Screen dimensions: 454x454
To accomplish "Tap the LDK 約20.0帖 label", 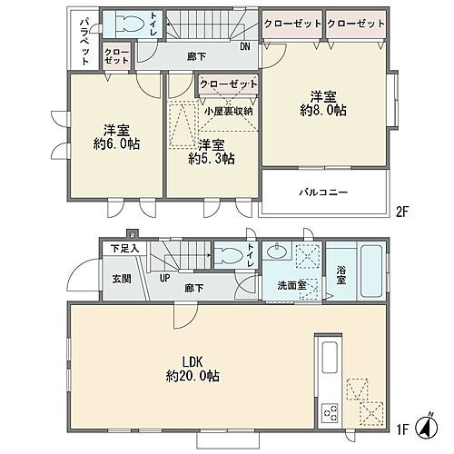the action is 192,369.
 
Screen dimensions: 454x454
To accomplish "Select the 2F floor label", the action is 402,212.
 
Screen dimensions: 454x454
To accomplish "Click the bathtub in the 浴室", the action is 371,271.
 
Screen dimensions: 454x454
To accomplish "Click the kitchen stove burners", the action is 330,412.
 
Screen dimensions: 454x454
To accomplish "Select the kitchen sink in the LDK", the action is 330,358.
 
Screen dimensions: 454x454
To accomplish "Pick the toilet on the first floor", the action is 230,256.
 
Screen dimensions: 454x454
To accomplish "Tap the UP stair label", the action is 165,278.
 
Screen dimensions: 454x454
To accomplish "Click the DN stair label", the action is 245,46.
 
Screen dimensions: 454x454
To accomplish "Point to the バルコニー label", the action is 323,192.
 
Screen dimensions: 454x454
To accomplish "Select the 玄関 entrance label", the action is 122,279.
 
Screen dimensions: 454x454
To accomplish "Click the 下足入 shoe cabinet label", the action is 124,249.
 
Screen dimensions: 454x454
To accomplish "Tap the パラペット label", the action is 84,42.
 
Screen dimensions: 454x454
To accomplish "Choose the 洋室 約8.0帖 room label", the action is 323,104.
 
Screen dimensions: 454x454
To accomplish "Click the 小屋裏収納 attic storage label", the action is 229,112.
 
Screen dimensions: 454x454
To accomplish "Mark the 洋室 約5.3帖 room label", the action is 212,152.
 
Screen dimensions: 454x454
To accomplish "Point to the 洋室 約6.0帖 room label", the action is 116,137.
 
